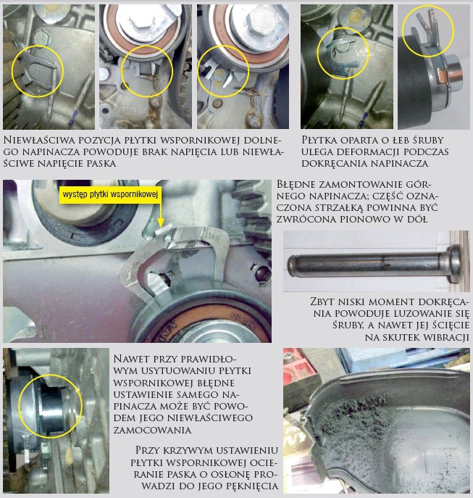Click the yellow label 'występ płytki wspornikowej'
coord(110,194)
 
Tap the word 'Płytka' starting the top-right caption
coord(319,140)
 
